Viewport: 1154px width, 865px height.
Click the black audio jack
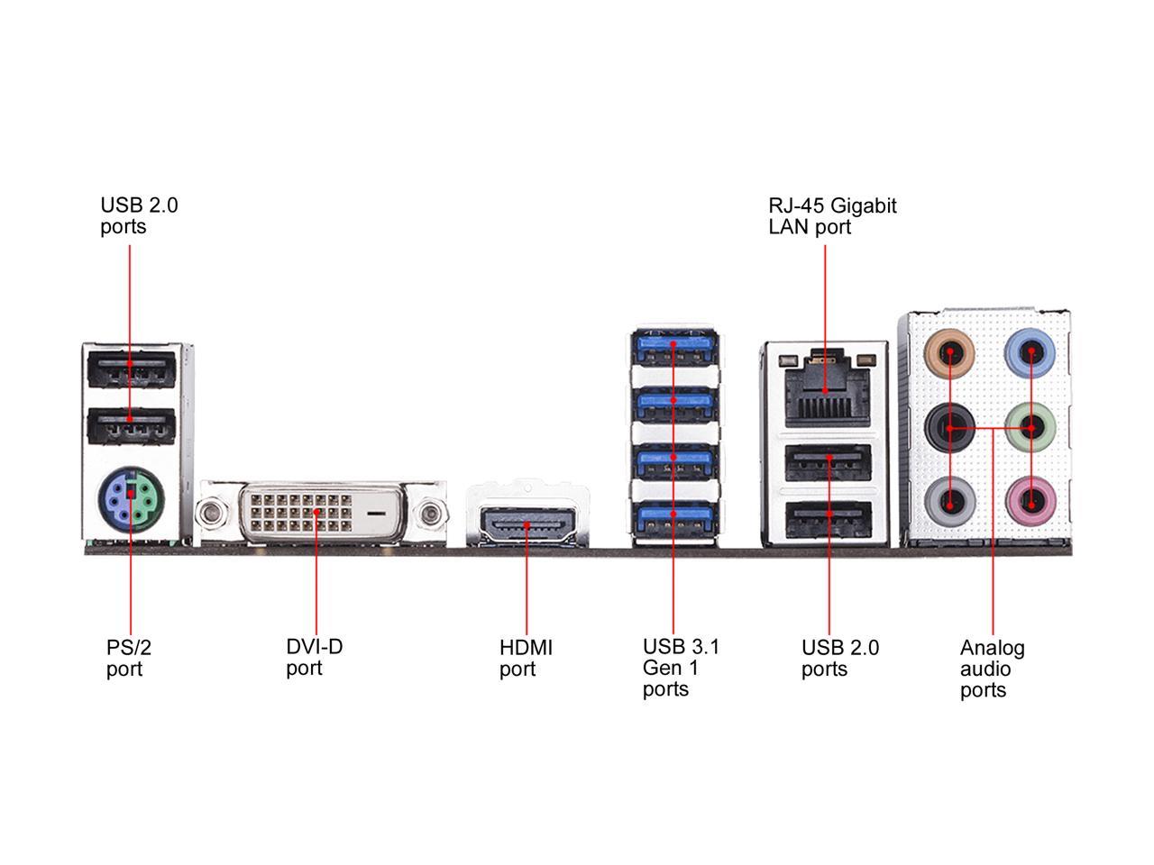coord(950,427)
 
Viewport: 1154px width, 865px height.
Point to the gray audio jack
coord(950,497)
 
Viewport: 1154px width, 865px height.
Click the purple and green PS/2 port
coord(129,495)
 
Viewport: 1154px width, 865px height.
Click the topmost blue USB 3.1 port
coord(673,349)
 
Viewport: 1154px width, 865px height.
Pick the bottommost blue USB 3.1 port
coord(673,519)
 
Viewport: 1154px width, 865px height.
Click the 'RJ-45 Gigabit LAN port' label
coord(832,216)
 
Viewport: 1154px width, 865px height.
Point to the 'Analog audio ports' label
coord(992,669)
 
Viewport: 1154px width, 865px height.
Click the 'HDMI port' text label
coord(526,658)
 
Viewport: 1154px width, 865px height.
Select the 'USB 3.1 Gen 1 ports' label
coord(681,668)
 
